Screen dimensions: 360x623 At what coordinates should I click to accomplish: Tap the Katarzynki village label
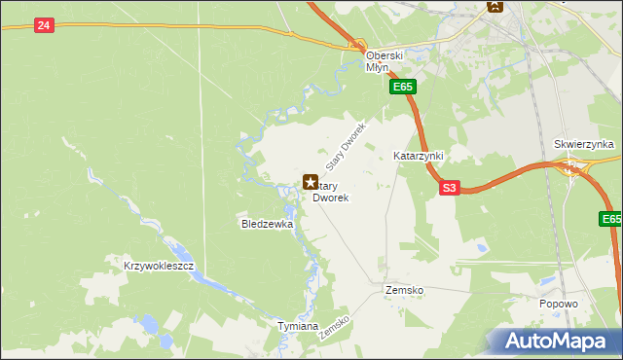click(x=419, y=156)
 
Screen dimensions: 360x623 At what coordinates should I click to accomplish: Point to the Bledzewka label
click(x=268, y=224)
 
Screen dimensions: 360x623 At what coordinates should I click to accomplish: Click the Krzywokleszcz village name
click(x=160, y=266)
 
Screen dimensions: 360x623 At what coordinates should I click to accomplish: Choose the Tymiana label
click(x=298, y=326)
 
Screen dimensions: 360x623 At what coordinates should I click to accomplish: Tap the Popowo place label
click(x=559, y=304)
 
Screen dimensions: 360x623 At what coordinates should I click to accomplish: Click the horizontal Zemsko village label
click(x=404, y=290)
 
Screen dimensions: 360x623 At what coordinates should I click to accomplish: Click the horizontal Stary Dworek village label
click(x=329, y=192)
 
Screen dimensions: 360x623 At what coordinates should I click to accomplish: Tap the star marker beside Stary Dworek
click(x=311, y=182)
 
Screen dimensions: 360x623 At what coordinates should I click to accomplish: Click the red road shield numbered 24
click(x=43, y=25)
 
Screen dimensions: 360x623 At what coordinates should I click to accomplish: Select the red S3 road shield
click(x=448, y=188)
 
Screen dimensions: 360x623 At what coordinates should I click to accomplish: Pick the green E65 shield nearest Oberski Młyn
click(x=404, y=88)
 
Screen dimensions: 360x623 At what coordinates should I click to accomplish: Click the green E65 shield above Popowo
click(x=610, y=221)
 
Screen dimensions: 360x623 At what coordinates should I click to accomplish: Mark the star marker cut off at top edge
click(x=495, y=6)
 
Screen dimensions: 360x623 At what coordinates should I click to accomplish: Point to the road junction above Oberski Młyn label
click(x=359, y=45)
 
